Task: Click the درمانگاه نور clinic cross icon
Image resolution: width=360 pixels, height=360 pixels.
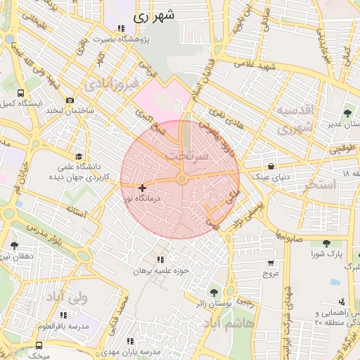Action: pyautogui.click(x=143, y=188)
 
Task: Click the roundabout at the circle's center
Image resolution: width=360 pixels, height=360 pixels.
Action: pyautogui.click(x=181, y=180)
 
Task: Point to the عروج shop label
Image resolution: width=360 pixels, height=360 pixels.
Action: pyautogui.click(x=271, y=273)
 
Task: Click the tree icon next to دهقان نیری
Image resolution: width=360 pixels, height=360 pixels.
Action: pyautogui.click(x=13, y=245)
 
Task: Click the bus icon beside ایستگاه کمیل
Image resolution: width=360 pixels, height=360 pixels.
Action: pyautogui.click(x=21, y=92)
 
